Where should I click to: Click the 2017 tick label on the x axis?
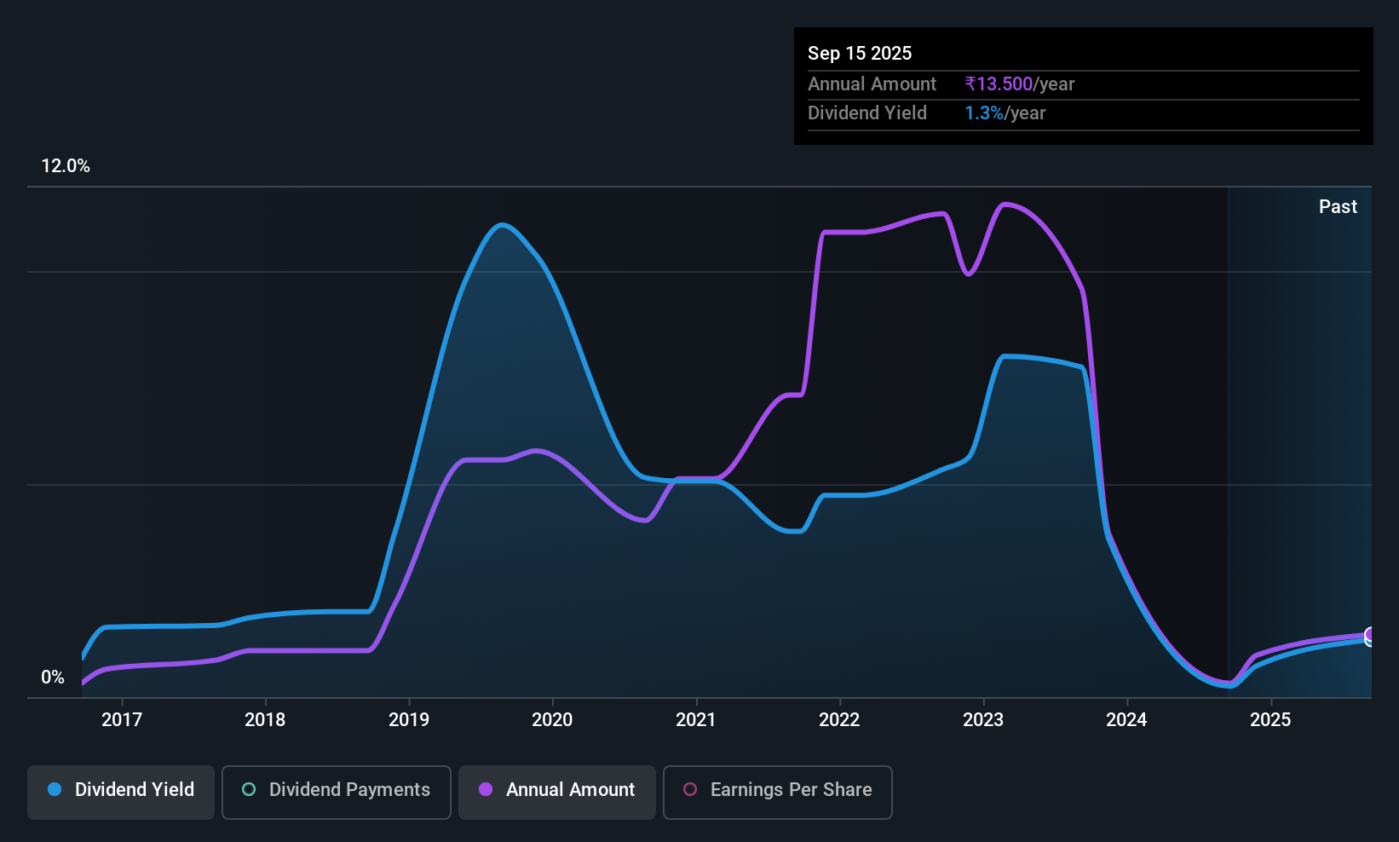[x=122, y=719]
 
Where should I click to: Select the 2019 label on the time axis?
[x=409, y=719]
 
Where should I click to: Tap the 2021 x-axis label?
[x=696, y=719]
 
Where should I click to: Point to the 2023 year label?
[x=983, y=719]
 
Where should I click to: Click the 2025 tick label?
[x=1270, y=719]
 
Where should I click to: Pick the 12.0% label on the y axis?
[x=66, y=166]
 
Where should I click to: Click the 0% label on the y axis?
[x=53, y=678]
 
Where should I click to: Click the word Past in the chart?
[x=1338, y=207]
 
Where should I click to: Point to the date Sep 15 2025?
[x=860, y=54]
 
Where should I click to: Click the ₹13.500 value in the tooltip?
[x=999, y=84]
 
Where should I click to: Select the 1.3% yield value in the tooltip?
[x=984, y=113]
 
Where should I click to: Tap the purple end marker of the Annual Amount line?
[x=1369, y=635]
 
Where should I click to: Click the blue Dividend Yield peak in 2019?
[x=502, y=225]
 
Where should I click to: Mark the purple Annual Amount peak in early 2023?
[x=1005, y=205]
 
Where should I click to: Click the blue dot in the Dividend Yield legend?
[x=55, y=789]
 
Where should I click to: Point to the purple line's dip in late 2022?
[x=968, y=274]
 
